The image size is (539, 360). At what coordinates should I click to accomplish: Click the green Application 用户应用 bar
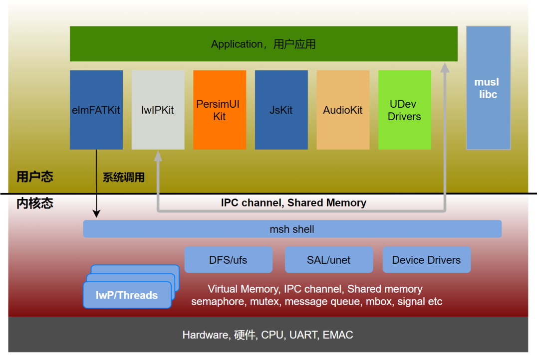coord(264,44)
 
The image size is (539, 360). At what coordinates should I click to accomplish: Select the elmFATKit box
coord(96,110)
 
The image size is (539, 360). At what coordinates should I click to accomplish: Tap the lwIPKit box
coord(158,110)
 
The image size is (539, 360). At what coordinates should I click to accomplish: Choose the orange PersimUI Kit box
coord(220,110)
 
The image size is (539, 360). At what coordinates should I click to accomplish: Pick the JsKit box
coord(281,110)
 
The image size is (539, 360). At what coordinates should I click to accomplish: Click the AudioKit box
coord(343,110)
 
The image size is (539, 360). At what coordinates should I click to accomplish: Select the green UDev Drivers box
coord(404,110)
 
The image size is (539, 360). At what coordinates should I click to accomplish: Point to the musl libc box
coord(488,88)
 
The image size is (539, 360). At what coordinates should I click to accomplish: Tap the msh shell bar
coord(292,229)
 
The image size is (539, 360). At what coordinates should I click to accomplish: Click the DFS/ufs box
coord(228,260)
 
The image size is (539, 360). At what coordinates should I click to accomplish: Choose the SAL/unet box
coord(329,260)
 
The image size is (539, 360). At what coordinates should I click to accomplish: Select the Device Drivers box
coord(426,260)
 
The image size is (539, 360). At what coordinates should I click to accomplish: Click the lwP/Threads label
coord(127,295)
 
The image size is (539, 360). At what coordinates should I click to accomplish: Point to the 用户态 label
coord(35,177)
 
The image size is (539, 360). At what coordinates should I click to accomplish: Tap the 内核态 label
coord(35,203)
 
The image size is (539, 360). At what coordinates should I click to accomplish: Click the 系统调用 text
coord(124,177)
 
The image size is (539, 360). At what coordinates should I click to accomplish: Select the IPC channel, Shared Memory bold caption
coord(293,203)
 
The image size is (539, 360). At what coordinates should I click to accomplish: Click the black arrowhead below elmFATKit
coord(96,214)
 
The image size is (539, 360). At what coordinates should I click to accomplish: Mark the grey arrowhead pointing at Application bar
coord(445,67)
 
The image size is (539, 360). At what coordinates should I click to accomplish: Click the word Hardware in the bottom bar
coord(205,335)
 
